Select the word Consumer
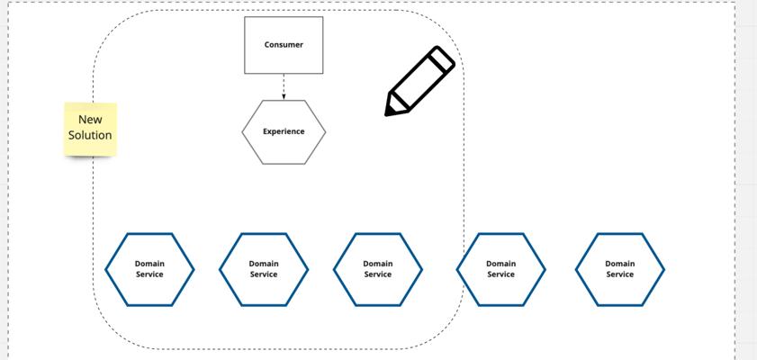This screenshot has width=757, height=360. point(284,45)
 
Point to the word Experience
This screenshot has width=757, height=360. point(284,131)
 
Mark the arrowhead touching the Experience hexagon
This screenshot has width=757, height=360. point(284,97)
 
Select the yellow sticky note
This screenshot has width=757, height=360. point(90,129)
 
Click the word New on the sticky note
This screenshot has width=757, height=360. point(90,119)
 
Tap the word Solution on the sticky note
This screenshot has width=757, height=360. point(90,135)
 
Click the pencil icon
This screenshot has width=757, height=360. point(419,81)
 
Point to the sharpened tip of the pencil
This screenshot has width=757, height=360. point(387,114)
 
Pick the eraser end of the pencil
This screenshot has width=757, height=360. point(443,58)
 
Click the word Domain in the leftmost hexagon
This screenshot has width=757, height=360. point(149,264)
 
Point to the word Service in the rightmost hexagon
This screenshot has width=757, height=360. point(620,274)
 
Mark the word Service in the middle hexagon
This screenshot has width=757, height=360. point(377,274)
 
